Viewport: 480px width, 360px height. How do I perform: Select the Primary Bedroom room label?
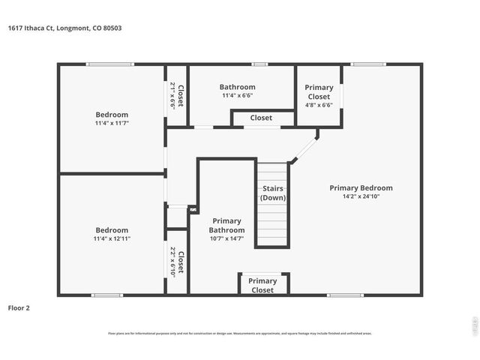(x=361, y=188)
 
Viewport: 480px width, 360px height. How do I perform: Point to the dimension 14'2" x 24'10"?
(x=361, y=196)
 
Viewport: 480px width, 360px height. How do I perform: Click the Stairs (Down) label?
(x=272, y=193)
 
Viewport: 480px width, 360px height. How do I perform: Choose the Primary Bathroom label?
(x=226, y=225)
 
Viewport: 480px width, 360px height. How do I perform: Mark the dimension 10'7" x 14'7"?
(x=226, y=238)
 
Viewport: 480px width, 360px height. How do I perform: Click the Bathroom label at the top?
(x=237, y=87)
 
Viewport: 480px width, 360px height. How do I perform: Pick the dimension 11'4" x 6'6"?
(x=237, y=96)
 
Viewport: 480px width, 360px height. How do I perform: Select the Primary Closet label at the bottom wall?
(x=262, y=286)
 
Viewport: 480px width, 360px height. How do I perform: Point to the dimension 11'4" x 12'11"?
(x=112, y=238)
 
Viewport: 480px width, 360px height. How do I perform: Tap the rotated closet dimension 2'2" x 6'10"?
(x=173, y=262)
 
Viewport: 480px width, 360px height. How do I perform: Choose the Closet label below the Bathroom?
(x=261, y=118)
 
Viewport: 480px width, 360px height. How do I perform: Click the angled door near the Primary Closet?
(x=304, y=148)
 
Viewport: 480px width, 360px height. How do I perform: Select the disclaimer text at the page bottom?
(x=240, y=334)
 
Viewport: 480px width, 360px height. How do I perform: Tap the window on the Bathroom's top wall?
(x=259, y=64)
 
